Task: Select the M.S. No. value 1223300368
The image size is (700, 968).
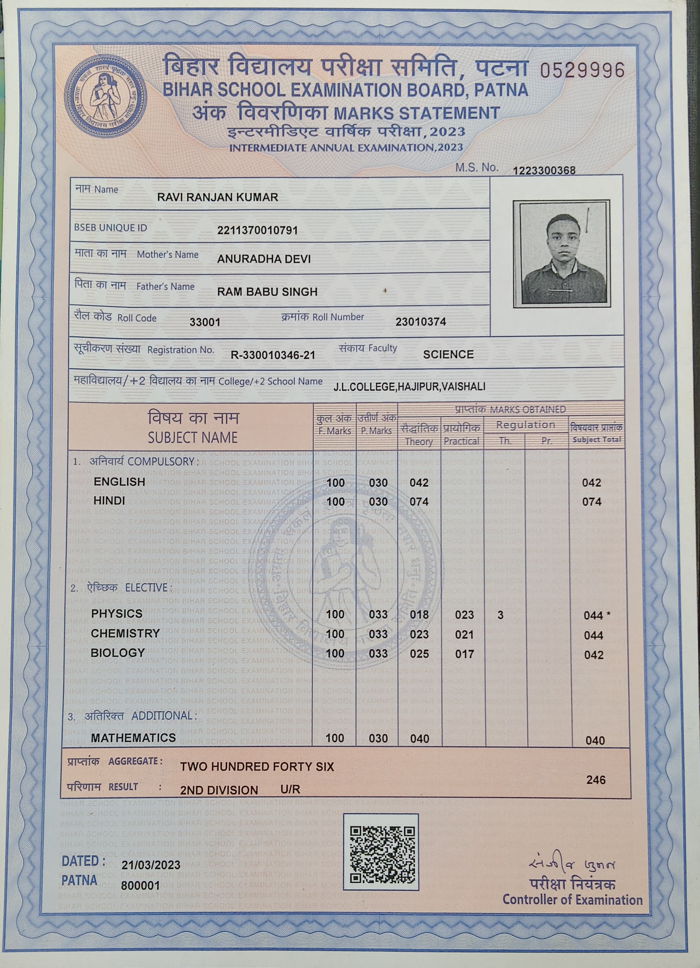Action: pyautogui.click(x=544, y=170)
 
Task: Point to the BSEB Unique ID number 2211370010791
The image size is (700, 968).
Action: pyautogui.click(x=257, y=231)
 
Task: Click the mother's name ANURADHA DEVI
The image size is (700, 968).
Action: pyautogui.click(x=264, y=259)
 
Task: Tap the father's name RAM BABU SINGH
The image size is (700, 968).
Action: pyautogui.click(x=267, y=292)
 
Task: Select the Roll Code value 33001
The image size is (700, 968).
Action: pyautogui.click(x=205, y=322)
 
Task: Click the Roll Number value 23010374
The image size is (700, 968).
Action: pyautogui.click(x=420, y=322)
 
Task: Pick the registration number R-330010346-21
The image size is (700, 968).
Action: pyautogui.click(x=273, y=355)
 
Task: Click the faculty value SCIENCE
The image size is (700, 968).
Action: pyautogui.click(x=448, y=354)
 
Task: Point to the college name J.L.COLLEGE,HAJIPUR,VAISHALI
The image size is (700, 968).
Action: pyautogui.click(x=409, y=387)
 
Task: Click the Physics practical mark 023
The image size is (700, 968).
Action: pyautogui.click(x=464, y=615)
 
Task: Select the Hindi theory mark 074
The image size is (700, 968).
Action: pyautogui.click(x=419, y=501)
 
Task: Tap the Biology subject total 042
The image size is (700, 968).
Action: pyautogui.click(x=594, y=655)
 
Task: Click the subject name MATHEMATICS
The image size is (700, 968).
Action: pyautogui.click(x=133, y=737)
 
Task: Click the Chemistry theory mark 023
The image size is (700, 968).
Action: pyautogui.click(x=419, y=635)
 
